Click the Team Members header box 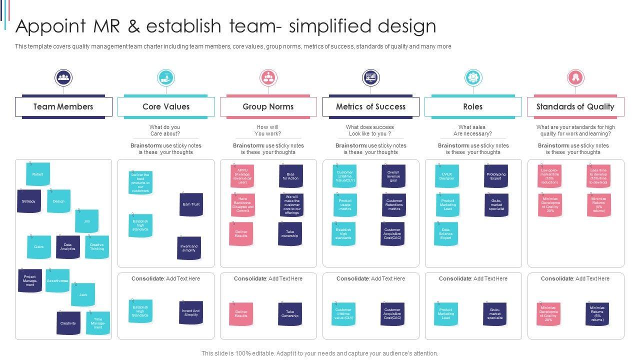[63, 106]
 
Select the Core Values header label [166, 106]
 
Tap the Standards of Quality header [575, 106]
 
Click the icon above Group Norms [268, 78]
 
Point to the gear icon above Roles [472, 78]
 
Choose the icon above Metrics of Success [370, 78]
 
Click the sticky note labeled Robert [38, 174]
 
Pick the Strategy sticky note [29, 201]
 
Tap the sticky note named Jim [87, 221]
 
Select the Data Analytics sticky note [68, 247]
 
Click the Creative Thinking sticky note [97, 247]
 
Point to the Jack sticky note [83, 295]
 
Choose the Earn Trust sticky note [191, 204]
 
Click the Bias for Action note [290, 176]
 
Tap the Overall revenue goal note [393, 176]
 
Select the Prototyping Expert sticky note [496, 176]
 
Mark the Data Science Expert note [446, 234]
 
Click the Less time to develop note [598, 176]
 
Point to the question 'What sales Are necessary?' [472, 130]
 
